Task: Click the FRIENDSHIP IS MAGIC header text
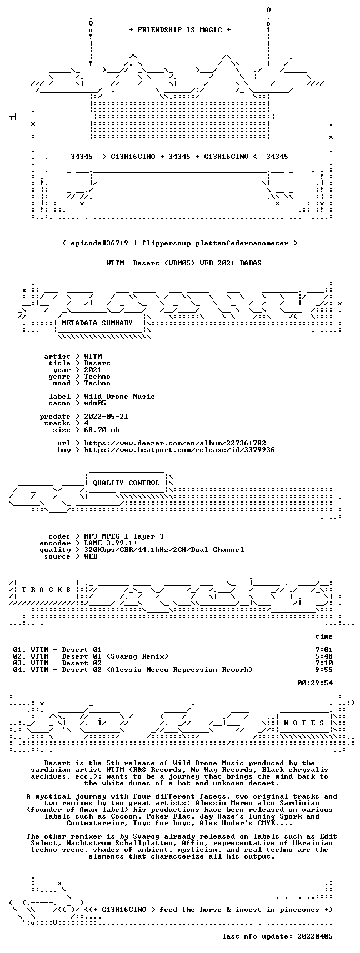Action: [180, 30]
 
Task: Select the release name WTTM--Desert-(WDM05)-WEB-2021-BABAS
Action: [184, 263]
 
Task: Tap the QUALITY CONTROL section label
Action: [126, 483]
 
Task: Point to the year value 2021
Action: [93, 370]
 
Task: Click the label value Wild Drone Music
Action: [119, 397]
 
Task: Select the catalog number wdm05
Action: [95, 403]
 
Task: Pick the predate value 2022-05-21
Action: [106, 417]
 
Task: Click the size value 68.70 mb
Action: [102, 430]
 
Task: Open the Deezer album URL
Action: [175, 443]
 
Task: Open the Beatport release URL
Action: [179, 450]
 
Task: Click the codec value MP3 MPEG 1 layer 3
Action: [124, 536]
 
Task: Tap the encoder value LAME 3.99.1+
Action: [111, 543]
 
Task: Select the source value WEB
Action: [91, 556]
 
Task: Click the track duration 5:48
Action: [324, 656]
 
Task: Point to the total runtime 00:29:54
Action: [315, 683]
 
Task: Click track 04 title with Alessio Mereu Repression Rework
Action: [142, 670]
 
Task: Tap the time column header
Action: [324, 636]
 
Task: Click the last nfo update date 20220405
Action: [315, 936]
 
